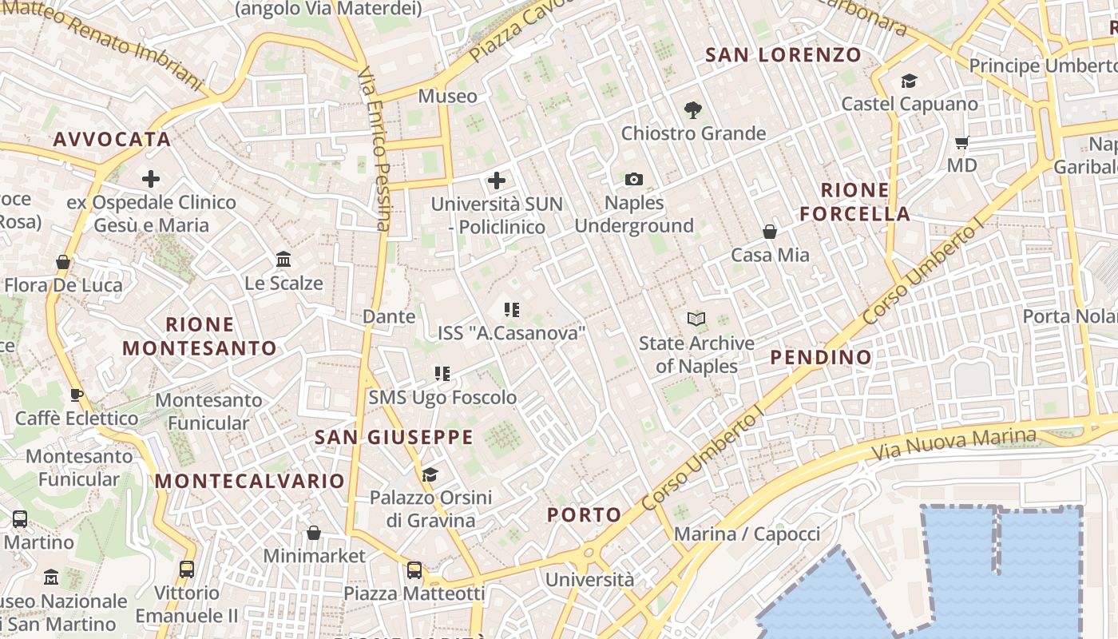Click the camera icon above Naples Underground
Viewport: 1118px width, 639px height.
634,179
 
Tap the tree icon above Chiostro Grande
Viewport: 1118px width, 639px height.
692,110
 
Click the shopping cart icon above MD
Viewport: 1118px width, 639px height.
962,143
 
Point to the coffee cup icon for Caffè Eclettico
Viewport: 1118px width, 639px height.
76,395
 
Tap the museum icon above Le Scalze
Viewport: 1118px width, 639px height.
283,260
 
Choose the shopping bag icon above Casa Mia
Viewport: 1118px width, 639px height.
770,232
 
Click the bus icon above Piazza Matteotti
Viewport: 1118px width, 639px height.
414,570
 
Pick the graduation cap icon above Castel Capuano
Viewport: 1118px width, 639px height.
909,81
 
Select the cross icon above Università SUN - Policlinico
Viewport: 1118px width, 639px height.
497,181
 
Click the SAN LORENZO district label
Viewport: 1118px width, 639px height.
783,55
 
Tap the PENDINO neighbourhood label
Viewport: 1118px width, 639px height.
821,357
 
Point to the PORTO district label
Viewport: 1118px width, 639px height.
584,515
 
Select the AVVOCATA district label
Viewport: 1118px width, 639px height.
113,140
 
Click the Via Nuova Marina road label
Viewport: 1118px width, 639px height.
953,443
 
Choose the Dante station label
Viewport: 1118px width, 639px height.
389,316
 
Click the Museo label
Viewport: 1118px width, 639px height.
447,97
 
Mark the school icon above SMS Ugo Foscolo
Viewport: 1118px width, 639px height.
442,373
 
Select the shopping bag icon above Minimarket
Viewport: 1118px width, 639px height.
314,533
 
